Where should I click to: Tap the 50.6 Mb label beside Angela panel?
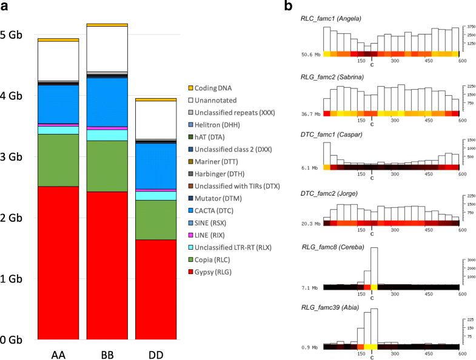[311, 55]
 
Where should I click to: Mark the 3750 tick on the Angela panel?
[468, 27]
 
